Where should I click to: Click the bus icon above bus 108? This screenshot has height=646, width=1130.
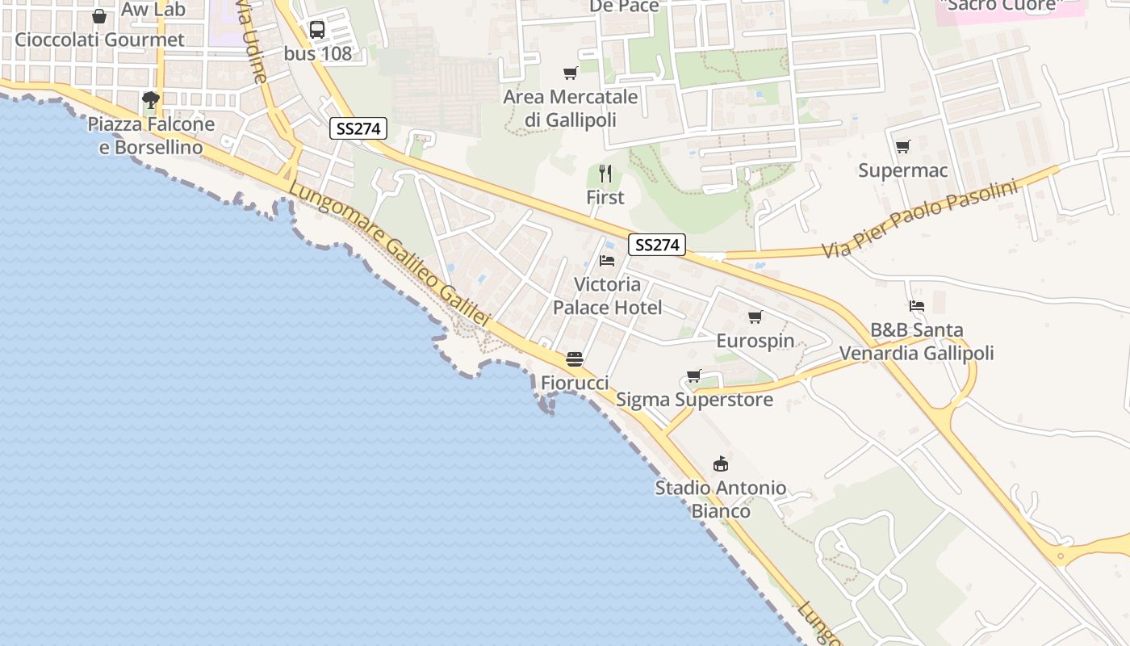[317, 30]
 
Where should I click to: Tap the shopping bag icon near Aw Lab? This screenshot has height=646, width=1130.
[99, 15]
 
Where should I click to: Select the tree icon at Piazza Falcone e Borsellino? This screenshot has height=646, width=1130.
[150, 100]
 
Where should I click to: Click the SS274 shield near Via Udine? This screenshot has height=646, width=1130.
[358, 128]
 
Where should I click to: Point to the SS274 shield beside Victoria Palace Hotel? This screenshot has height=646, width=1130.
[658, 245]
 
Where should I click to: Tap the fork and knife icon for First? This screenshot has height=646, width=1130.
[605, 174]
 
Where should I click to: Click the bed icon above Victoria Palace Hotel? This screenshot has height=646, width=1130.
[607, 261]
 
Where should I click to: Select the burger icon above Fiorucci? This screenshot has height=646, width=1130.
[575, 359]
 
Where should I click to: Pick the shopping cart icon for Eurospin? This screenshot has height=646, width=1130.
[755, 317]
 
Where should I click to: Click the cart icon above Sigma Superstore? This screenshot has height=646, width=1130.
[693, 375]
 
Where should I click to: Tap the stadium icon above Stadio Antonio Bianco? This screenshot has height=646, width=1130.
[720, 464]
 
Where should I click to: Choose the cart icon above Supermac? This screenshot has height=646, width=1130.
[902, 147]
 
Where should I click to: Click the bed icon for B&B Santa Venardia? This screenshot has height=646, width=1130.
[917, 306]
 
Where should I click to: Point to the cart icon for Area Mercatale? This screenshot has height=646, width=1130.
[571, 73]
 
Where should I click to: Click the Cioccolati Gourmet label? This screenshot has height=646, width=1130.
[99, 40]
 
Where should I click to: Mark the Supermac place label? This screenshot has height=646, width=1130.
[902, 170]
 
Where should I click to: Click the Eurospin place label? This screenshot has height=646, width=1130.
[755, 341]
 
